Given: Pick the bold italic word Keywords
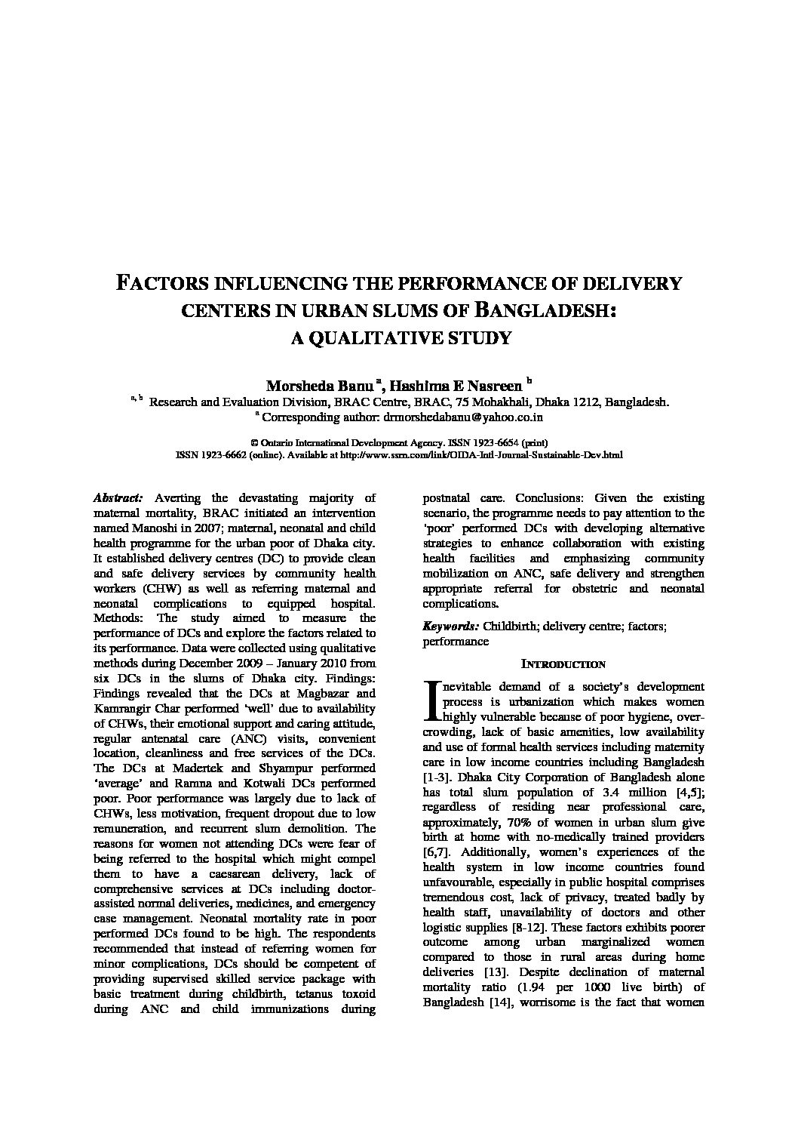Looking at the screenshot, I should pyautogui.click(x=450, y=627).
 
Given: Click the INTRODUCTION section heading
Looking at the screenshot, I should pyautogui.click(x=563, y=664).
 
